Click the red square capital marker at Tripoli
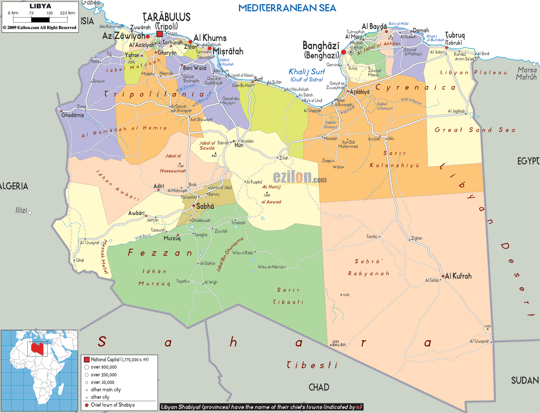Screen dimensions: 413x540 coord(159,34)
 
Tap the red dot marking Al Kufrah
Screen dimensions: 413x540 coord(443,276)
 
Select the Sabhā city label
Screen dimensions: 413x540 coord(205,206)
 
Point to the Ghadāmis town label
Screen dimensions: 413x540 coord(73,115)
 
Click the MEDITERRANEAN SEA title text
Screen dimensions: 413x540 coord(287,8)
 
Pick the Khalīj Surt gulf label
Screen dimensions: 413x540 coord(307,72)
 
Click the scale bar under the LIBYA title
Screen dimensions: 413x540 coord(40,19)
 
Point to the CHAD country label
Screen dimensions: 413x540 coord(319,387)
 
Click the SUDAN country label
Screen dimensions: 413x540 coord(525,381)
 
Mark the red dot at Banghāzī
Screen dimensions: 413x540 coord(343,52)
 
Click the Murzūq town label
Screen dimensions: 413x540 coord(172,238)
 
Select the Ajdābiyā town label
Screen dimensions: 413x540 coord(360,92)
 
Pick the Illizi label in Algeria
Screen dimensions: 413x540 coord(21,211)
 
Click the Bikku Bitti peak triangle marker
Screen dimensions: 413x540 coord(331,345)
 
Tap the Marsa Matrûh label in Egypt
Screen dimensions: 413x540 coord(527,73)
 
